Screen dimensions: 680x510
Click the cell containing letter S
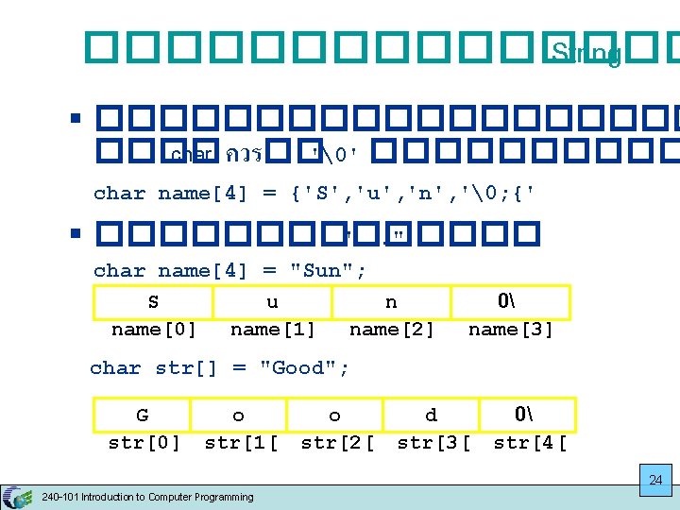(153, 302)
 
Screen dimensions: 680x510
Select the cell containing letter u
(272, 302)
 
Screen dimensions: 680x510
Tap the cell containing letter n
(391, 302)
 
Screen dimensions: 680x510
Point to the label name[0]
(153, 330)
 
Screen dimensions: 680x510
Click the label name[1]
(272, 330)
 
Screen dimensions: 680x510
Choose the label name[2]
(391, 330)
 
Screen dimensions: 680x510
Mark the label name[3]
(510, 330)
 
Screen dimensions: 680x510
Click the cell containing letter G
(142, 415)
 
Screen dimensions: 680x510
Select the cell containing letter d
(431, 415)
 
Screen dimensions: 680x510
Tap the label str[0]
(144, 443)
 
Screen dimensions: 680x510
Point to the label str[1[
(241, 443)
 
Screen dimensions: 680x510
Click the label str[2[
(337, 443)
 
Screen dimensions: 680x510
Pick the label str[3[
(433, 443)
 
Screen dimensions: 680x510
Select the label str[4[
(530, 443)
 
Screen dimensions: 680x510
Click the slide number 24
(655, 481)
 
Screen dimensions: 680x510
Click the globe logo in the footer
(17, 497)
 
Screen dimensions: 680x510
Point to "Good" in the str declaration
(297, 368)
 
